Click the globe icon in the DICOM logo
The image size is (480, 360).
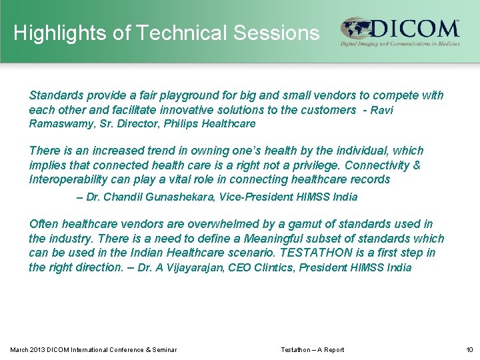pos(356,29)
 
